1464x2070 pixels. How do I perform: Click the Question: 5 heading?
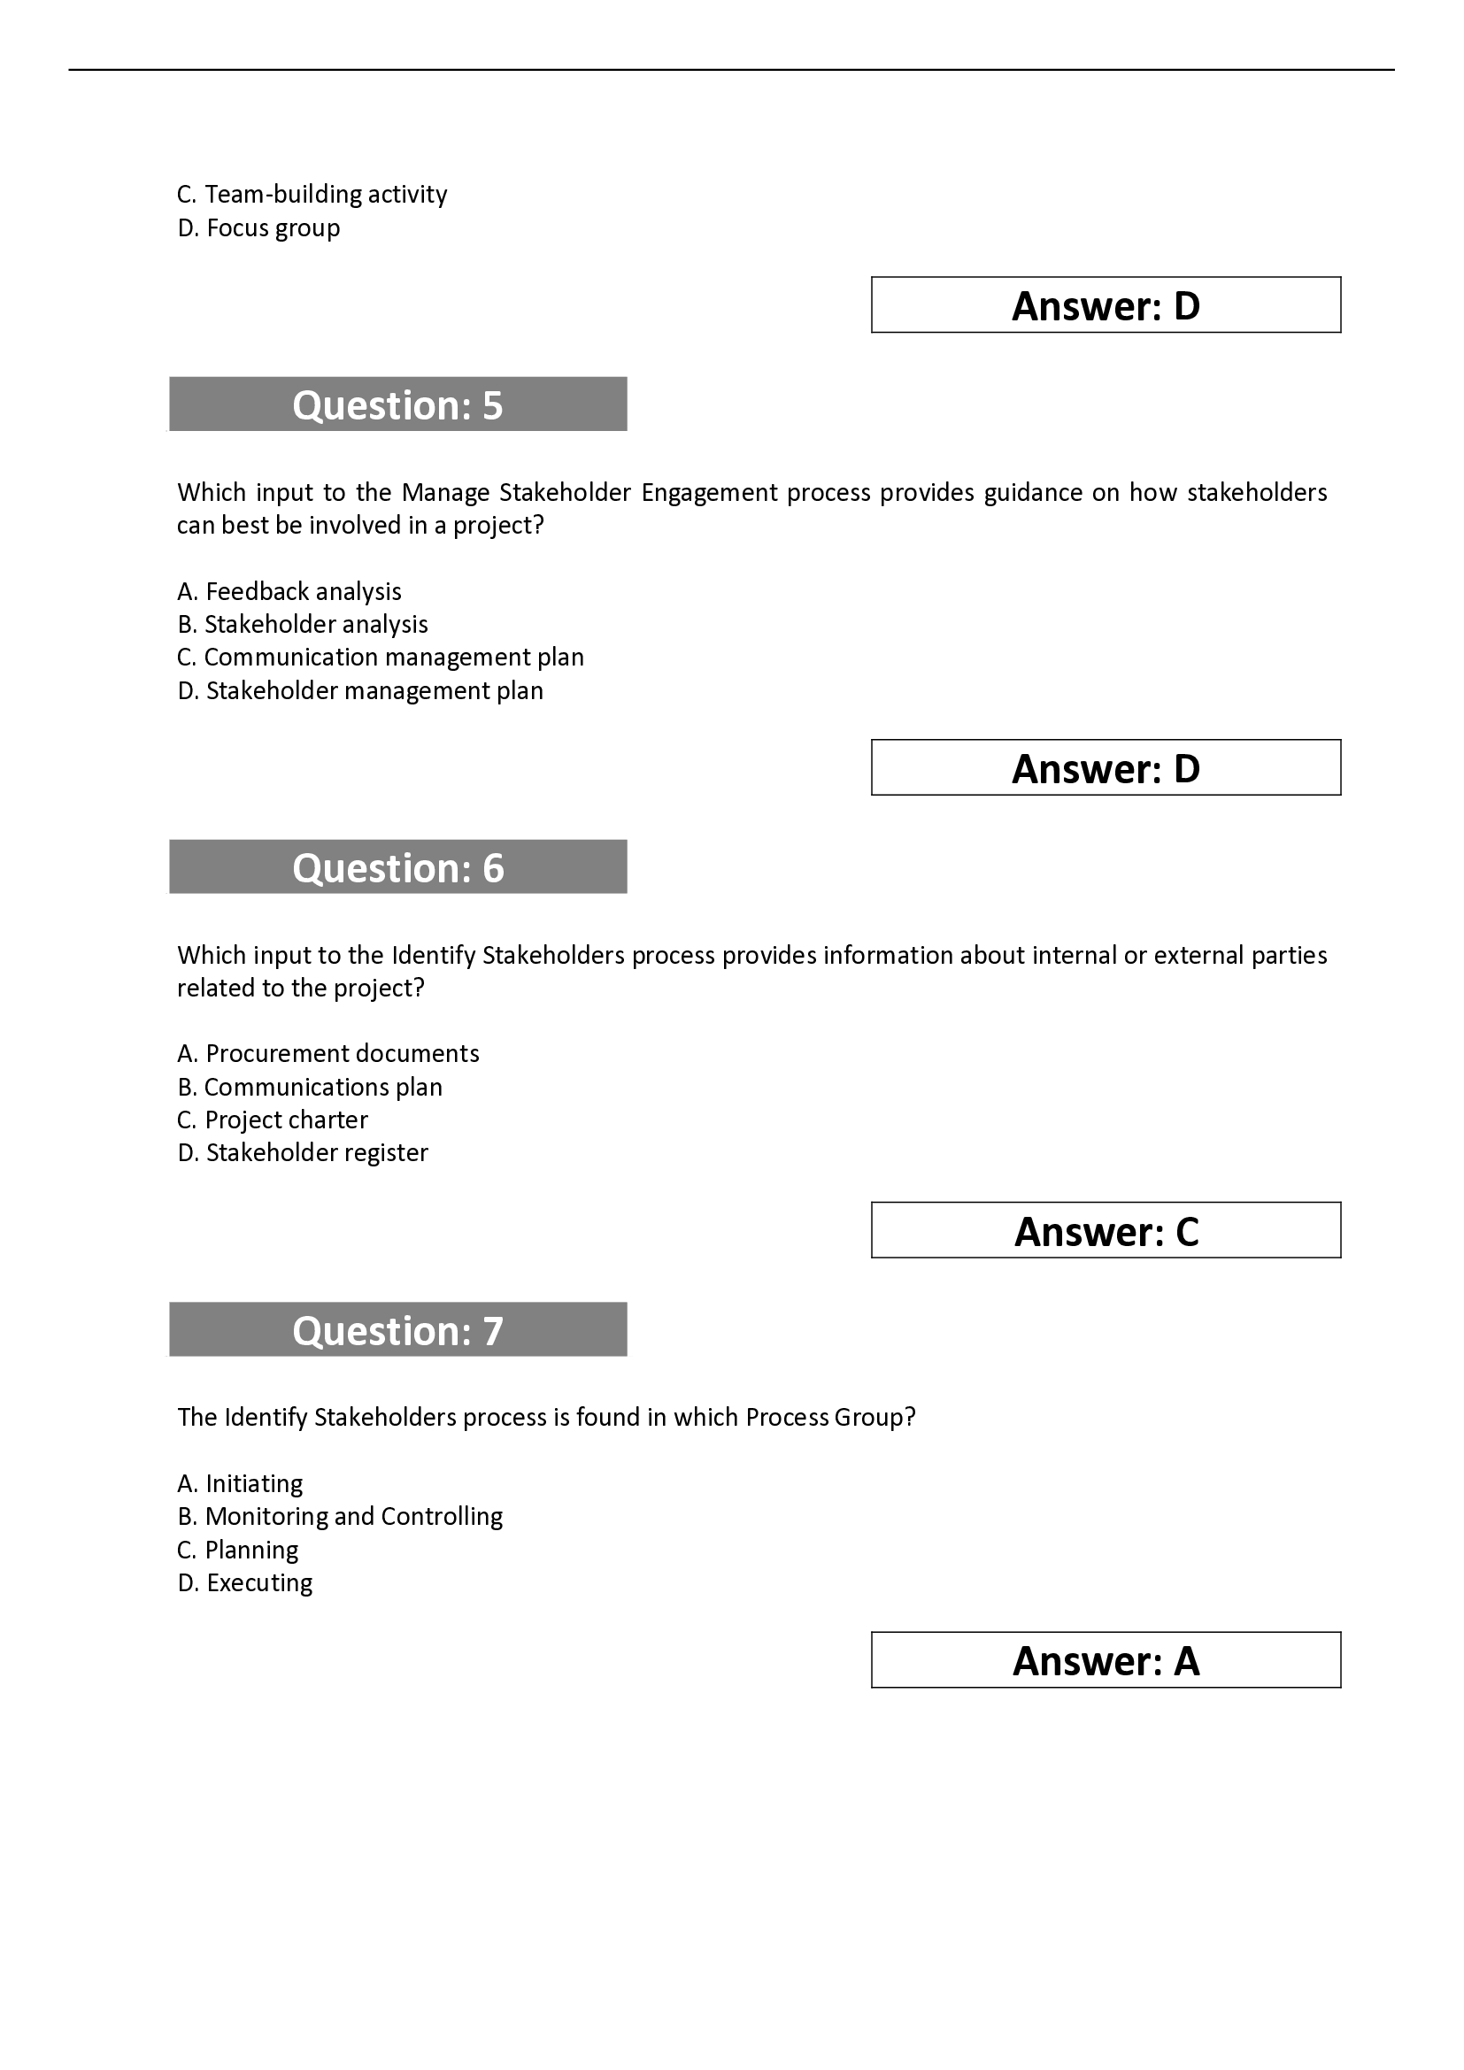(397, 404)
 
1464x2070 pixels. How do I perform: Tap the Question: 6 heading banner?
(397, 866)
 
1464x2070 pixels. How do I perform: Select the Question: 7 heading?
(397, 1329)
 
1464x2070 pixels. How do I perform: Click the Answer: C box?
(1106, 1230)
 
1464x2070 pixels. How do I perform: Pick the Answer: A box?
(1106, 1659)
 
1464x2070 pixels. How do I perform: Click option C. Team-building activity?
(312, 194)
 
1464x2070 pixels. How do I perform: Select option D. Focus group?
(258, 227)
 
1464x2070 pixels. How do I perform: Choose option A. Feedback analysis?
(289, 591)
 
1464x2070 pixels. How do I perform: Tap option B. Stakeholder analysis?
(303, 624)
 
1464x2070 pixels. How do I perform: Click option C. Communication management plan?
(381, 658)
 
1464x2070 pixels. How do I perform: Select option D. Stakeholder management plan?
(360, 690)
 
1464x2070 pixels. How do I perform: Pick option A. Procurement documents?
(328, 1053)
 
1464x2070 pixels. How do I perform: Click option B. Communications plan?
(310, 1087)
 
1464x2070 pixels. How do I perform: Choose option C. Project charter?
(273, 1120)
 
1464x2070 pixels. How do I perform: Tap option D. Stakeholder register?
(303, 1152)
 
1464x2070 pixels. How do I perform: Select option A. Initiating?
(240, 1483)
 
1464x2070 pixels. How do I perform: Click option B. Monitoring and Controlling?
(340, 1517)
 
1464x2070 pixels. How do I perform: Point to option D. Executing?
(245, 1582)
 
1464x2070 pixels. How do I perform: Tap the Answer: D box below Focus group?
(1106, 304)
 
